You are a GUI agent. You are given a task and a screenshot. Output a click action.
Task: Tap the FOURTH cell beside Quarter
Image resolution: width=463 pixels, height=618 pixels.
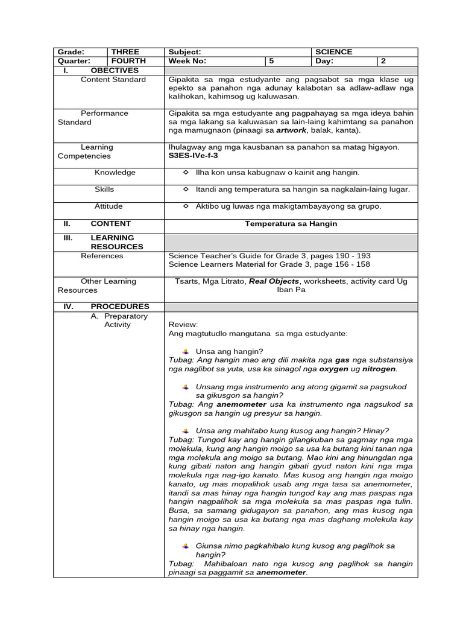tap(128, 62)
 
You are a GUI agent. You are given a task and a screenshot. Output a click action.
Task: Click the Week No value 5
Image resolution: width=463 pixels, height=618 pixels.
tap(272, 62)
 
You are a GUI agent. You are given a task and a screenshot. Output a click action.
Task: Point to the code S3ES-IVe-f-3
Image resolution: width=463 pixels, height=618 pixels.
tap(194, 156)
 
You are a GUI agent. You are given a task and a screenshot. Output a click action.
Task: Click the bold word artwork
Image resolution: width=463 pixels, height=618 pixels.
tap(292, 130)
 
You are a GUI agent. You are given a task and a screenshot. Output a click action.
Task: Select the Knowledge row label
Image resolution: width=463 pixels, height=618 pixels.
tap(115, 173)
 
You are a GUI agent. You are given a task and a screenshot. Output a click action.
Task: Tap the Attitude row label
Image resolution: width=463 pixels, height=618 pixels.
tap(109, 206)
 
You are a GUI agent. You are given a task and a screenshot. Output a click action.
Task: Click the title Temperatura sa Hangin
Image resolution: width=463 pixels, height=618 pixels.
tap(291, 224)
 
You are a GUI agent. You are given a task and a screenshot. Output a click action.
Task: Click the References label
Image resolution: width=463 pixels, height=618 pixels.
tap(102, 256)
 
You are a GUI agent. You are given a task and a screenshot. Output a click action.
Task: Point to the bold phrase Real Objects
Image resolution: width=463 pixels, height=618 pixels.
tap(274, 281)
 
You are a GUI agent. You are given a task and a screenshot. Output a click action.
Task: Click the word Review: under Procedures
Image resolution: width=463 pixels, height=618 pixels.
tap(183, 325)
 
